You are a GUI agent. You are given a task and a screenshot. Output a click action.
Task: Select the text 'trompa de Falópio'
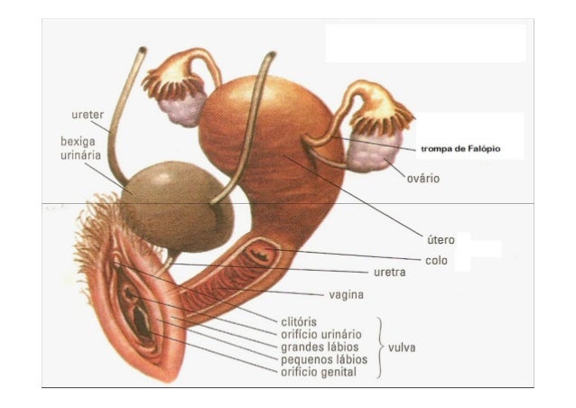coord(459,147)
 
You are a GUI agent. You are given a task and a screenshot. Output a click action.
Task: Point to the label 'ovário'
coord(422,179)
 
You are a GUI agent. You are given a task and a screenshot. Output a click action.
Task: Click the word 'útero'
coord(441,240)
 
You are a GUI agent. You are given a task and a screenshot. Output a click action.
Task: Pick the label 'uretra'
coord(391,272)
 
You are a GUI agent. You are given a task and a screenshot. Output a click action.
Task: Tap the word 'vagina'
coord(346,294)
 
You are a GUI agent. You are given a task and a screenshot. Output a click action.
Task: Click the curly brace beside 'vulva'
coord(381,347)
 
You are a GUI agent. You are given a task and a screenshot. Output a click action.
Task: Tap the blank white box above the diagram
coord(425,42)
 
